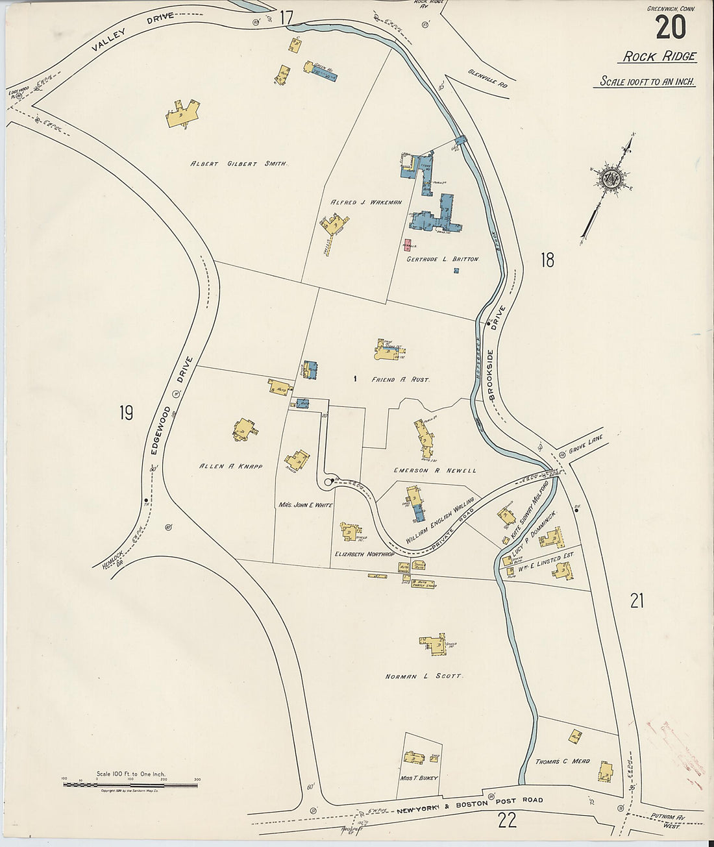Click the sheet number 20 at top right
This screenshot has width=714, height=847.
(671, 28)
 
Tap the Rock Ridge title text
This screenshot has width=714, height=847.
(659, 56)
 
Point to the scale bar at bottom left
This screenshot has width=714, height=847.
(130, 785)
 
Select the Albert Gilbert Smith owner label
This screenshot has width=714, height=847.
(238, 164)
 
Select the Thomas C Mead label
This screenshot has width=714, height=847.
(562, 761)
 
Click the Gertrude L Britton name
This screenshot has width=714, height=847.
(442, 259)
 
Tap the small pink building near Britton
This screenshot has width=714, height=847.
(408, 245)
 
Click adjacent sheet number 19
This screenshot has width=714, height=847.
(126, 412)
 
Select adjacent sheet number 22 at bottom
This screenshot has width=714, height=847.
(507, 821)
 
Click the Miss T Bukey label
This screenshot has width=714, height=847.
(420, 778)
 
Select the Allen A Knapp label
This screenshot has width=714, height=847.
(231, 466)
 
